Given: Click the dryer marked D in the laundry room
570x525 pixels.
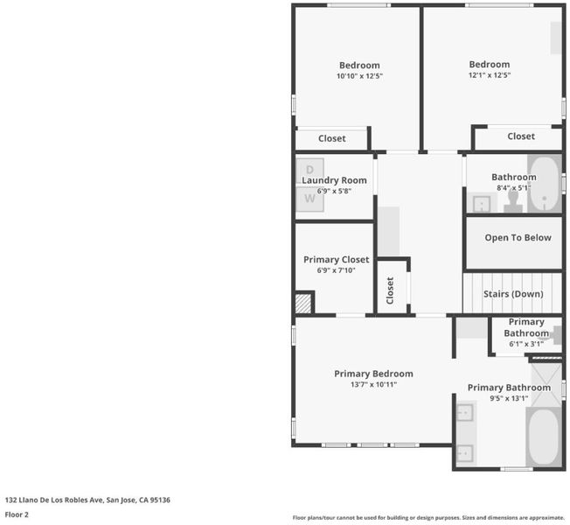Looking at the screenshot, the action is (x=309, y=171).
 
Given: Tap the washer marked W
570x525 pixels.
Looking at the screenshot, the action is (x=309, y=199).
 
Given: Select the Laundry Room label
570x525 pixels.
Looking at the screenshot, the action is (x=334, y=180).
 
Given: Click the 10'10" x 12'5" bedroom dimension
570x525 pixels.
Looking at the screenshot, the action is (x=359, y=76).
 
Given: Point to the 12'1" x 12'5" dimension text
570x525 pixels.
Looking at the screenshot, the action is (x=490, y=75).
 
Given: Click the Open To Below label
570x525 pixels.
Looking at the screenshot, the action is (x=518, y=238).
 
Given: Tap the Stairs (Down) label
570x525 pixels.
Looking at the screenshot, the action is (x=513, y=294).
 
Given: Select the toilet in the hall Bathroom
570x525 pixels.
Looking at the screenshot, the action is (x=513, y=201).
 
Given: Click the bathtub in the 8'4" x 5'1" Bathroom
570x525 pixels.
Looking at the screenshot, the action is (x=544, y=185).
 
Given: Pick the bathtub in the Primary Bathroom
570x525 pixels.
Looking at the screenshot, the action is (x=544, y=437).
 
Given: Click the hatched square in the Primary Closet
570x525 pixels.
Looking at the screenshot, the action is (x=303, y=304).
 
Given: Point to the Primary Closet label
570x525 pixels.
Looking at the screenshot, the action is (x=337, y=259).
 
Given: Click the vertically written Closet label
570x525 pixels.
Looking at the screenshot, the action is (x=390, y=290).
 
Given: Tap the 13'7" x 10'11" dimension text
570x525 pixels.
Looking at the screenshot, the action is (x=373, y=385).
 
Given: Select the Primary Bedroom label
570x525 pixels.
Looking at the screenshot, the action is (x=373, y=374).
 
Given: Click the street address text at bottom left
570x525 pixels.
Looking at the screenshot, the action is (x=87, y=500).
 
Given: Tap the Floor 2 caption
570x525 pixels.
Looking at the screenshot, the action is (x=17, y=514).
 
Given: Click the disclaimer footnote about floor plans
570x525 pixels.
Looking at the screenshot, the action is (x=428, y=517).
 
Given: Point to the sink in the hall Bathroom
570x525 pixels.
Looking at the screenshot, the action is (x=482, y=204).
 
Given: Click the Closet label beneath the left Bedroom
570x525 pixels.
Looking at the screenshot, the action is (x=332, y=138).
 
